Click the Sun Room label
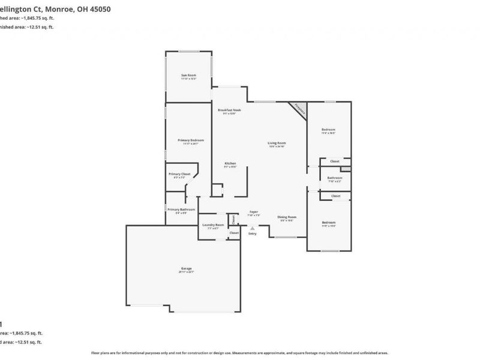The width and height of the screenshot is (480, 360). tap(189, 76)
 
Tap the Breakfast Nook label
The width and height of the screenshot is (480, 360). tap(229, 110)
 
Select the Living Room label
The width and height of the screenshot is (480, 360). tap(277, 143)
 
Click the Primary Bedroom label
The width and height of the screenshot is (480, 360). tap(187, 140)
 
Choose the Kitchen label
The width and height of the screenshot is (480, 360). tap(230, 163)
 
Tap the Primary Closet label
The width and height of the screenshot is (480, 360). tap(179, 173)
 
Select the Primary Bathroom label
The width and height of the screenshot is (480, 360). tap(181, 209)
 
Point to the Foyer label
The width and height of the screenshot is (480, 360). tap(254, 212)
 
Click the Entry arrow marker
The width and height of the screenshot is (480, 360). tap(252, 227)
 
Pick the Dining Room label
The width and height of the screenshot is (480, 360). tap(287, 217)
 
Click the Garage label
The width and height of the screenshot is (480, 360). tap(186, 268)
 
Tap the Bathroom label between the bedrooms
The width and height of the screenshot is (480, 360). tap(335, 178)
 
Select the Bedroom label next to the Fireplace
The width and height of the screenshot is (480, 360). tap(328, 130)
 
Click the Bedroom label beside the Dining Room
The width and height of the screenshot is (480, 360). tap(328, 223)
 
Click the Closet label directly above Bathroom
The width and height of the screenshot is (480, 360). tap(335, 161)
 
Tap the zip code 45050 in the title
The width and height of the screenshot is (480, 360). tap(97, 9)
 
